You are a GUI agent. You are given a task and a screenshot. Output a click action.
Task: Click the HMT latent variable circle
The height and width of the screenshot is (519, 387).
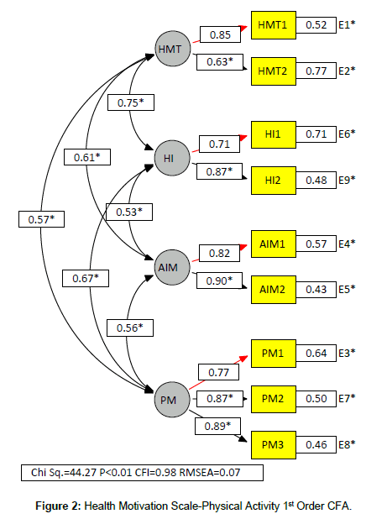click(173, 49)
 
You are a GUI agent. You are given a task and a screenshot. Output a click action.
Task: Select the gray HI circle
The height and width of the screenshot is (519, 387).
click(172, 158)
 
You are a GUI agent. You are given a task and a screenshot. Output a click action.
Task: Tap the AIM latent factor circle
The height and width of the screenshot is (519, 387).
click(172, 267)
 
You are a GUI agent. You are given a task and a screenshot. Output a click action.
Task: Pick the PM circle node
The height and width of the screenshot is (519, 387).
click(172, 400)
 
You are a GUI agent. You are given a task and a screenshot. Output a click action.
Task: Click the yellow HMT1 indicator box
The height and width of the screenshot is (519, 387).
click(274, 25)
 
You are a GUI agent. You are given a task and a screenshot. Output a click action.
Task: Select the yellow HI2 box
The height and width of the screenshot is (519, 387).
click(274, 181)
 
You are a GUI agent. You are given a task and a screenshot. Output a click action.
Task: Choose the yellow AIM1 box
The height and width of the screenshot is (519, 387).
click(274, 244)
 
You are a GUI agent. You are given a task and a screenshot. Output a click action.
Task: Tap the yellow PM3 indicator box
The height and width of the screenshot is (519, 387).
click(274, 445)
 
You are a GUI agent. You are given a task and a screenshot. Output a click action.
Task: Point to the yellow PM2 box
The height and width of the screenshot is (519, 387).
click(274, 399)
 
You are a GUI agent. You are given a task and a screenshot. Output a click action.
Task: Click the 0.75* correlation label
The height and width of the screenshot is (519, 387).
click(131, 102)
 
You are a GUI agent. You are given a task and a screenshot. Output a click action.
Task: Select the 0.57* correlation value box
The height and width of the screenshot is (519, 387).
click(41, 219)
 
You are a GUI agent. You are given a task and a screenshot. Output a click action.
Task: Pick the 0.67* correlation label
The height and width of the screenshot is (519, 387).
click(86, 278)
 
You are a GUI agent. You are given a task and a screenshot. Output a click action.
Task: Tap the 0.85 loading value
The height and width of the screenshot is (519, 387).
click(220, 34)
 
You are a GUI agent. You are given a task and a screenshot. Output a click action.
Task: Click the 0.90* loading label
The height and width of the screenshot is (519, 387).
click(219, 280)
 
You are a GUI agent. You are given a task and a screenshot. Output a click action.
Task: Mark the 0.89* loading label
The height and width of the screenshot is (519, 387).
click(217, 426)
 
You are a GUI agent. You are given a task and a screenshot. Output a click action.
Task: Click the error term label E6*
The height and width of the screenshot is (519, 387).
click(347, 134)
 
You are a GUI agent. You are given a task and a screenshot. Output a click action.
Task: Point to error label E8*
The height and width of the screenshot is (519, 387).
click(347, 444)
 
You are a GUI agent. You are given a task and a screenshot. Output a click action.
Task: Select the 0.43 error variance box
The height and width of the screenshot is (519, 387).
click(316, 290)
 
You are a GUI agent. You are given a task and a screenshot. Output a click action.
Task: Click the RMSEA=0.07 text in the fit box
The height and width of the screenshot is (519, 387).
click(210, 472)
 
